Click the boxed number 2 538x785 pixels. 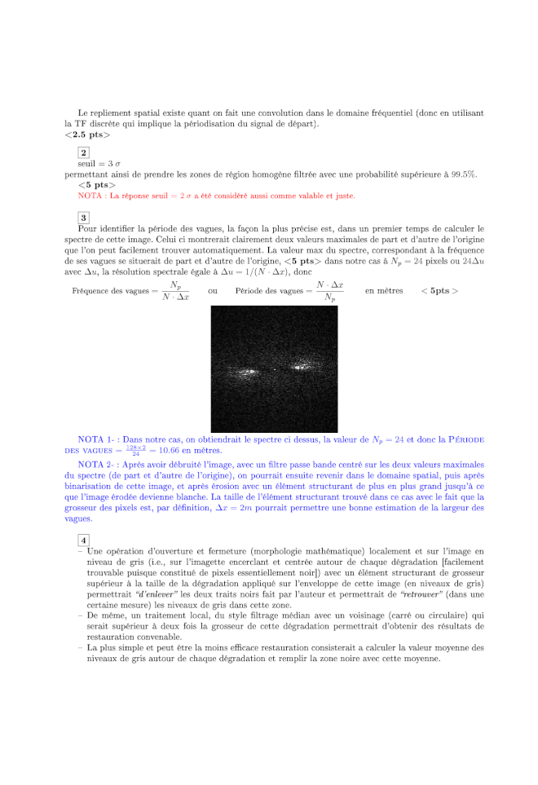(83, 152)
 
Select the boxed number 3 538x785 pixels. (83, 217)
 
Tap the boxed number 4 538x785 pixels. (83, 540)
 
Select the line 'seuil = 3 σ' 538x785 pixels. (99, 164)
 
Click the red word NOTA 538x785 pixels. (90, 196)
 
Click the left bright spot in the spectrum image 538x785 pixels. (246, 373)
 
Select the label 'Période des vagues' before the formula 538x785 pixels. (272, 291)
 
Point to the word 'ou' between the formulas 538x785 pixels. (213, 291)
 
